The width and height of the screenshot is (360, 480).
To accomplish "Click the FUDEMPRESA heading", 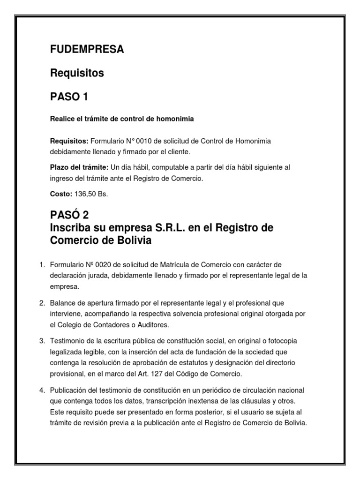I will coord(87,50).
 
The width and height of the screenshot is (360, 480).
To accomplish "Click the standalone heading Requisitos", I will coord(77,74).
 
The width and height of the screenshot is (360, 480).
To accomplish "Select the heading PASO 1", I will coord(69,97).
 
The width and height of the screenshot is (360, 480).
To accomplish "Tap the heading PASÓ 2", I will coord(69,215).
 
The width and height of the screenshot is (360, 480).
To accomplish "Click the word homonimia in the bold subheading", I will coord(176,119).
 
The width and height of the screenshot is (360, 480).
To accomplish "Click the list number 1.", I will coord(41,265).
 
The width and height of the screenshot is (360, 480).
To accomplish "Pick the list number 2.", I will coord(41,303).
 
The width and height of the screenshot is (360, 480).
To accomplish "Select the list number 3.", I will coord(41,340).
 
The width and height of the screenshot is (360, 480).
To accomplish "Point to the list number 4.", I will coord(41,390).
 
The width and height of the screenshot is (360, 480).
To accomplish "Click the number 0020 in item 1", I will coord(99,265).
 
